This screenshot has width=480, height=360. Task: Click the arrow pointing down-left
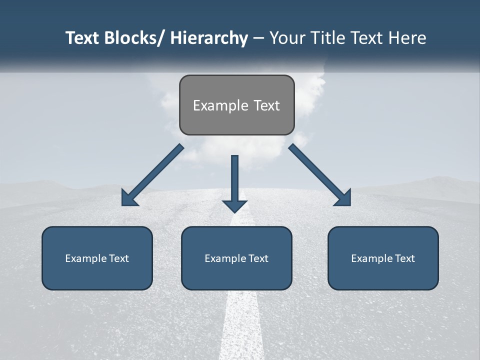152,175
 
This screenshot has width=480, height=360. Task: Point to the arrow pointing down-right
320,175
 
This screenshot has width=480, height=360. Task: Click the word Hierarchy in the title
209,38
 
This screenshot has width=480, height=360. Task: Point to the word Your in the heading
286,38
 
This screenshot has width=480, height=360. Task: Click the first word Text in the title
83,38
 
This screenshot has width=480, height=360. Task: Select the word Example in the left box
86,258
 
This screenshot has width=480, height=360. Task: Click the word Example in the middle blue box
225,258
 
